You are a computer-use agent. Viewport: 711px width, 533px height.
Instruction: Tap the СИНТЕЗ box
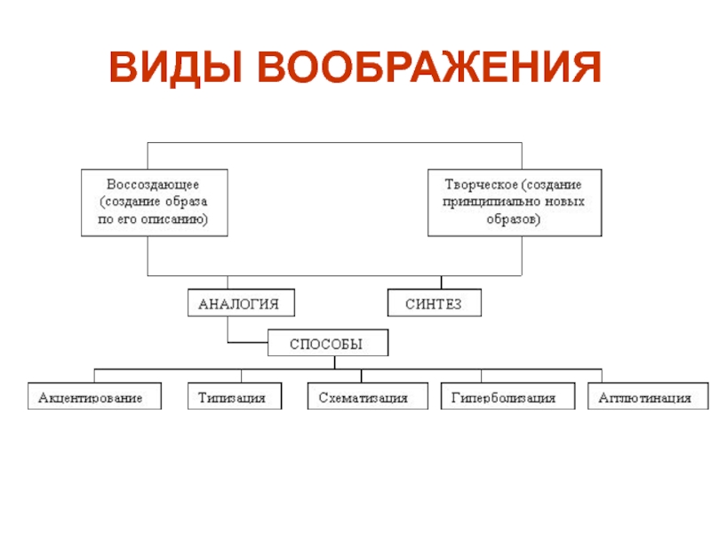(x=435, y=304)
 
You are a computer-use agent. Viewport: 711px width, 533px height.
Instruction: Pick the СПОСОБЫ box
(x=328, y=343)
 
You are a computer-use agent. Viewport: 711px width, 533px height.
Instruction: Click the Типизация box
(x=233, y=397)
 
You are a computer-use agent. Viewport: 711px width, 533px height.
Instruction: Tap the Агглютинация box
(x=648, y=397)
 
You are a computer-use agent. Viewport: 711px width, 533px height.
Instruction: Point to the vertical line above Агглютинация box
(x=602, y=375)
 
